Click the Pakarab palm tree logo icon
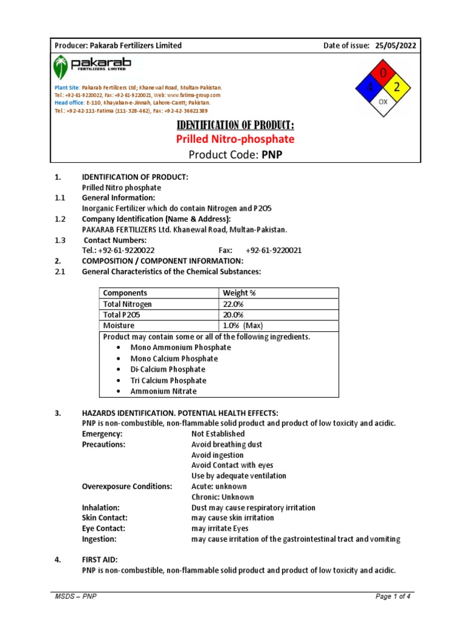point(61,67)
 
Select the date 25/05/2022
point(395,45)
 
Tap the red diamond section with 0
point(383,74)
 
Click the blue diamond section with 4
point(368,88)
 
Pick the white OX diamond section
point(383,102)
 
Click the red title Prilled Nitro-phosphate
point(235,139)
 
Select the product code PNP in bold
point(272,155)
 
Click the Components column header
point(125,293)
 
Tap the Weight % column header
point(240,293)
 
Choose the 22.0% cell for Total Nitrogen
point(233,304)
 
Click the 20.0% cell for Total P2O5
point(233,315)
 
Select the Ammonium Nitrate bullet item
point(163,391)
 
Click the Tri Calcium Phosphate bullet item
point(168,380)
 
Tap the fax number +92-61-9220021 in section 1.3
point(274,250)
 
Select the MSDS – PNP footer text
point(76,597)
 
